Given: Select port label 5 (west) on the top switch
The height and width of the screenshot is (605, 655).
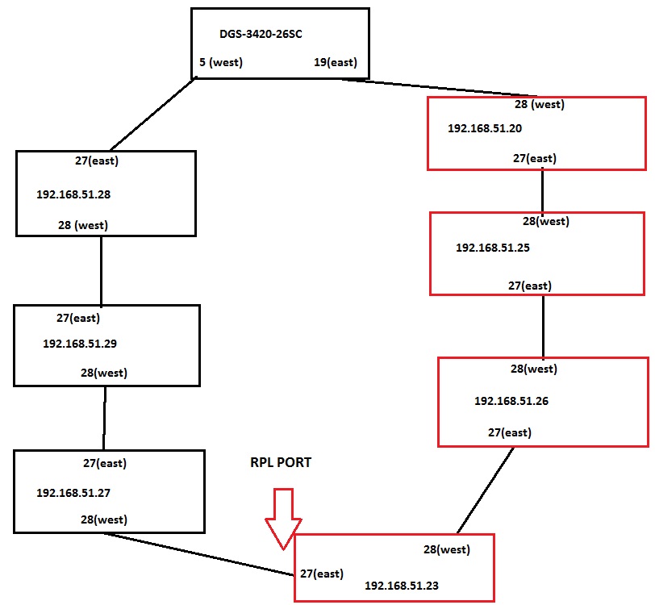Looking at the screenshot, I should [221, 63].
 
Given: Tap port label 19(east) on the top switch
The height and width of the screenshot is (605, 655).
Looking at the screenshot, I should [336, 63].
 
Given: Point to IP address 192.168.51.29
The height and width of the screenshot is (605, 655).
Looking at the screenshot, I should [80, 344].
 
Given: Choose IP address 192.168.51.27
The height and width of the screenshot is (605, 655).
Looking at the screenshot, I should [73, 492].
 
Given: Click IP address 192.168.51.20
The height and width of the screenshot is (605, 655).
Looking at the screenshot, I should [485, 128].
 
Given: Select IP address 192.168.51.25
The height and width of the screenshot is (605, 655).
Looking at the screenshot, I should [493, 248].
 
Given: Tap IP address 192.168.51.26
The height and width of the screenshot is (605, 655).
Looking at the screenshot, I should [511, 401].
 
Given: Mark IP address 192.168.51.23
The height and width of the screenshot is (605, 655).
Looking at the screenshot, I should [402, 586].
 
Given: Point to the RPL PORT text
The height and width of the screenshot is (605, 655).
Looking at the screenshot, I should [281, 464].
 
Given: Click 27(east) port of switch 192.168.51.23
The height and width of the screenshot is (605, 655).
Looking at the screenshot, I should [322, 574].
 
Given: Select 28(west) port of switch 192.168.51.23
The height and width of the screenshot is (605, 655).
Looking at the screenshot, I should [447, 550].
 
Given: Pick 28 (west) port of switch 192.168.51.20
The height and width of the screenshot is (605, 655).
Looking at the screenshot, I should [539, 105].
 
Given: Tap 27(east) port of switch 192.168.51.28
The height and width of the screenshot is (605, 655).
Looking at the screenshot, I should [97, 161].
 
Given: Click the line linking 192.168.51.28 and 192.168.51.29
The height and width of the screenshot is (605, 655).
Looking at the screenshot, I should [102, 270].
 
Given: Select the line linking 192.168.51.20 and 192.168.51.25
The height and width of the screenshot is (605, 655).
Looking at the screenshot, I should [542, 190].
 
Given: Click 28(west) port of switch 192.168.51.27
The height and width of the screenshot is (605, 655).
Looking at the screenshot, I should [103, 519].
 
